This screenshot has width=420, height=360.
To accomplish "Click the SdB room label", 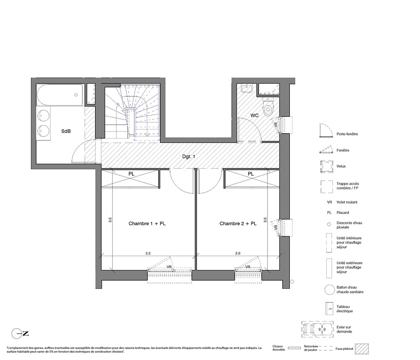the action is [x=66, y=131].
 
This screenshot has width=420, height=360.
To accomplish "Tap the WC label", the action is [x=255, y=116].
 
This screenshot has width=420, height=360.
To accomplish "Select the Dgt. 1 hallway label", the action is [x=189, y=156].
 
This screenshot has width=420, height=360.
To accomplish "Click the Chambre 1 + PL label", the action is [x=147, y=223].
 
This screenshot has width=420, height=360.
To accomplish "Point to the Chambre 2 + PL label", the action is [x=238, y=223].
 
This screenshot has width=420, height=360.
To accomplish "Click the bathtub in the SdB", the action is [x=60, y=95].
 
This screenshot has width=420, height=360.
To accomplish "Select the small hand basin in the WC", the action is [x=247, y=88].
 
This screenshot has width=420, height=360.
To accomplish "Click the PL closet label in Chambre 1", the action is [x=131, y=174].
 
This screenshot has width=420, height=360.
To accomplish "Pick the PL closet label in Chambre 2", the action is [x=250, y=174].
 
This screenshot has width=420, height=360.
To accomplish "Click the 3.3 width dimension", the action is [x=148, y=253].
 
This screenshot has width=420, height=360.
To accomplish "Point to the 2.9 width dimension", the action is [x=238, y=253].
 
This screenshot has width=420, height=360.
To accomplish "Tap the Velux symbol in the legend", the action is [x=326, y=166].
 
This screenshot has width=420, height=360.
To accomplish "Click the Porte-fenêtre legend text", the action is [x=347, y=134].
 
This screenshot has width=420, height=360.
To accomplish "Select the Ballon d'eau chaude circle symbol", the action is [x=329, y=289].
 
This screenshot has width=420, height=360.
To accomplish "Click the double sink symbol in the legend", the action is [x=318, y=329].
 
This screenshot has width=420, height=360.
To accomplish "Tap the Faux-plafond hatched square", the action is [x=362, y=349].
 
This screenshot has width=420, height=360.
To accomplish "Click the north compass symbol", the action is [x=20, y=334].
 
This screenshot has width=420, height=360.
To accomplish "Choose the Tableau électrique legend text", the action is [x=344, y=309].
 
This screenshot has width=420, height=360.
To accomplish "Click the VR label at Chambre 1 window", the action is [x=169, y=267].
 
